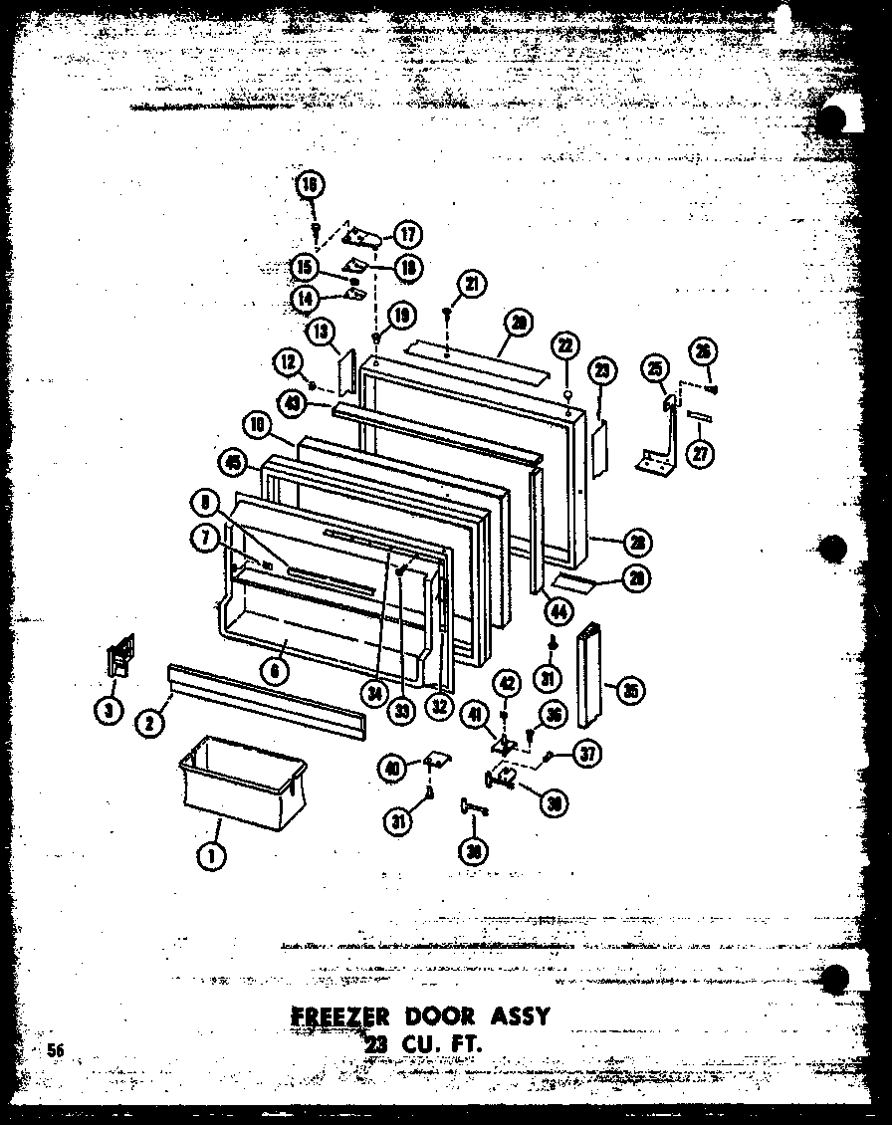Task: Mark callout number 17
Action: pos(407,235)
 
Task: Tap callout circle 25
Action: pos(655,369)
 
